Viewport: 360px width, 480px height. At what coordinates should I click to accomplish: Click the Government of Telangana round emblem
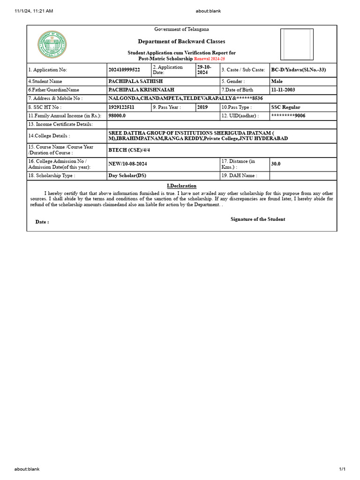pyautogui.click(x=52, y=45)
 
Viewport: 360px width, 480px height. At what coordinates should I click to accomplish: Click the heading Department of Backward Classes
pyautogui.click(x=181, y=42)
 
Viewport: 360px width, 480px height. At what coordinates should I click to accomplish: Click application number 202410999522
pyautogui.click(x=124, y=70)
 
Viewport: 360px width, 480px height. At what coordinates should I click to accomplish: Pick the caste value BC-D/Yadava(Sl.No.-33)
pyautogui.click(x=298, y=70)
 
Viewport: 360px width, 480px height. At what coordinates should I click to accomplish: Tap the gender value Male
pyautogui.click(x=277, y=81)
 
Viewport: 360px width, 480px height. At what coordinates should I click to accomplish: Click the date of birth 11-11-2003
pyautogui.click(x=283, y=90)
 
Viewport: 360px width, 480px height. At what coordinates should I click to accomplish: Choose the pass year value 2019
pyautogui.click(x=202, y=107)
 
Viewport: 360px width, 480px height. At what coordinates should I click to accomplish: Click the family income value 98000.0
pyautogui.click(x=117, y=115)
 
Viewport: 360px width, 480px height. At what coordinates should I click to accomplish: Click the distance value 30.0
pyautogui.click(x=276, y=164)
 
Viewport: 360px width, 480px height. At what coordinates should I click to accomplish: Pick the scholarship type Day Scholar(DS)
pyautogui.click(x=127, y=176)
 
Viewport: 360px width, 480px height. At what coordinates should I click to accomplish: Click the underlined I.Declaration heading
pyautogui.click(x=182, y=186)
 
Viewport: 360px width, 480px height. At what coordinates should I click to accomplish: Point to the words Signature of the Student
pyautogui.click(x=258, y=219)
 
